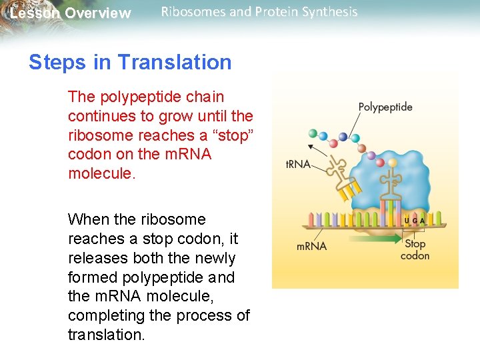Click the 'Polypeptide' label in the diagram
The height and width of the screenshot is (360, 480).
pyautogui.click(x=385, y=107)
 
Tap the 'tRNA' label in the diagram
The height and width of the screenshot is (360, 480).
pyautogui.click(x=299, y=165)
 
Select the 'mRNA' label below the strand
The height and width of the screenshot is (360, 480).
pyautogui.click(x=311, y=246)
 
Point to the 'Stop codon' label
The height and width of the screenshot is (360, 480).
pyautogui.click(x=415, y=249)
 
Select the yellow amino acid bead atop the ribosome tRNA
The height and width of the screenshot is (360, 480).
pyautogui.click(x=393, y=162)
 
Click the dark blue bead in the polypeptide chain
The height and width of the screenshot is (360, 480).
pyautogui.click(x=343, y=137)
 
